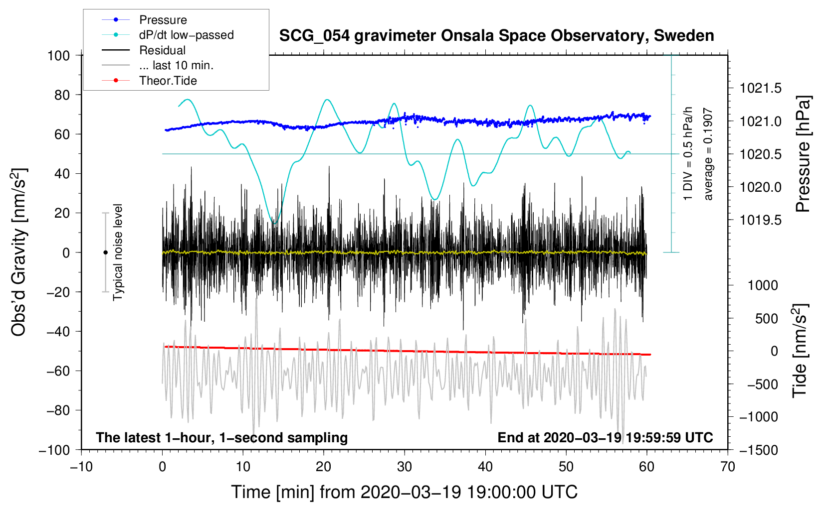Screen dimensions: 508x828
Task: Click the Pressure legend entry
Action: click(x=163, y=20)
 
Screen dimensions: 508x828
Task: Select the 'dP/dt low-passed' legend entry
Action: click(x=186, y=35)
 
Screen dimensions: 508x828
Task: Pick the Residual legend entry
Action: click(x=162, y=50)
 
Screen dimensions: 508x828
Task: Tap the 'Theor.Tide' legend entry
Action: click(x=168, y=81)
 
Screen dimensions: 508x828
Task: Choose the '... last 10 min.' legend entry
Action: click(x=176, y=65)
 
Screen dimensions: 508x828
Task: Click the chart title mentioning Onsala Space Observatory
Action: click(x=496, y=36)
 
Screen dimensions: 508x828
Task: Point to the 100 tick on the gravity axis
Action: click(x=58, y=55)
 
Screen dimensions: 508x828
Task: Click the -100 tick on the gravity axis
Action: click(x=54, y=450)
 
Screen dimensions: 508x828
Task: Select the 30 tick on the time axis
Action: click(x=405, y=467)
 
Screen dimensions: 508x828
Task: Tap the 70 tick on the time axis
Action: click(x=728, y=467)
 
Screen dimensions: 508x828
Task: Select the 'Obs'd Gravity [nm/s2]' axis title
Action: click(x=19, y=253)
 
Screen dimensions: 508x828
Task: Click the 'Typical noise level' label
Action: click(x=118, y=253)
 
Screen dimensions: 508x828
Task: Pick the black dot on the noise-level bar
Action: click(x=105, y=253)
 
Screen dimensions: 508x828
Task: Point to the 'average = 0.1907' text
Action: click(x=708, y=154)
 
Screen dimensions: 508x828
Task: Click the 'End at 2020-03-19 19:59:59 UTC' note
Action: click(x=605, y=438)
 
